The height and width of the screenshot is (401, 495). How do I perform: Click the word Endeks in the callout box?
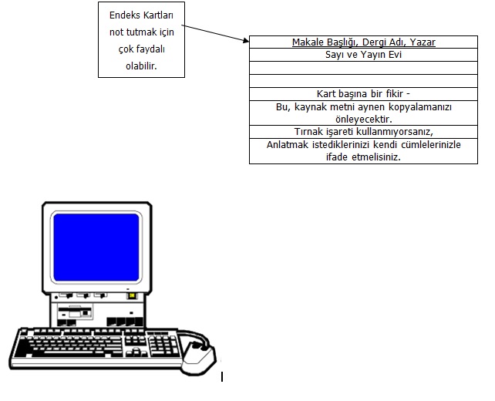point(124,14)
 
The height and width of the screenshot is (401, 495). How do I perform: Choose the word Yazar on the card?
point(423,42)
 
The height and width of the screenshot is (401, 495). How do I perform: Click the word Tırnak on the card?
point(310,131)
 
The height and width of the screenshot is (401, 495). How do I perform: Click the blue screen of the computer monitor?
point(96,248)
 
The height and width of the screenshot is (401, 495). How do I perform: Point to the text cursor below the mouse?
point(222,376)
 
